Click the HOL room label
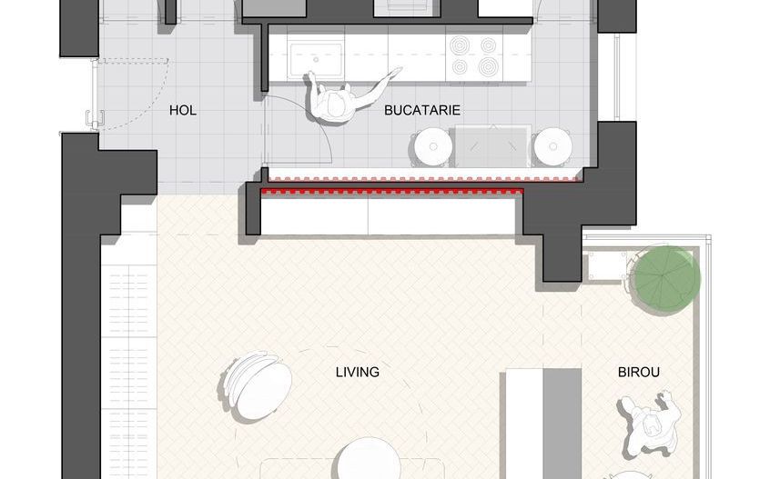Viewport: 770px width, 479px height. (183, 110)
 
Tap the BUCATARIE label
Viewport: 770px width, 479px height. (421, 110)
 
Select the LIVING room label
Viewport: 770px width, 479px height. (358, 372)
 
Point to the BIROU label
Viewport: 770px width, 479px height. (638, 372)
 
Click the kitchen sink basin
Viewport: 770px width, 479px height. (316, 60)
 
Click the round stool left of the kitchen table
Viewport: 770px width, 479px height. (432, 146)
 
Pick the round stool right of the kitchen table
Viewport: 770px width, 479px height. (553, 146)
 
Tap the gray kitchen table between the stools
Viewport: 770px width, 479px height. (492, 146)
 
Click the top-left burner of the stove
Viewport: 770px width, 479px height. (459, 46)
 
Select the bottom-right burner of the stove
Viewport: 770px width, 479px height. (488, 65)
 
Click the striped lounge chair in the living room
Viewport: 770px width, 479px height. (256, 384)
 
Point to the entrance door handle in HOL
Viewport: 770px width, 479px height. (95, 118)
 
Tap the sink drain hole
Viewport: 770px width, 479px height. (316, 59)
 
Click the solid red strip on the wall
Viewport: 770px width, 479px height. (392, 191)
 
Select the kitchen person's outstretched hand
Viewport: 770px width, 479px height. (395, 73)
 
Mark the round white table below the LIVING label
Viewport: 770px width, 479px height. (369, 458)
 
